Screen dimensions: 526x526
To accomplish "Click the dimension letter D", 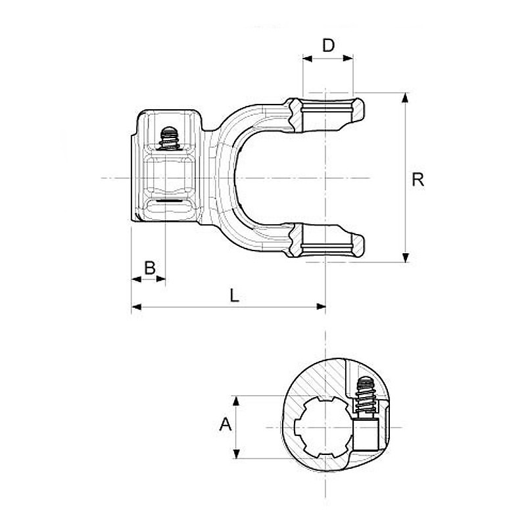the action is coord(328,45).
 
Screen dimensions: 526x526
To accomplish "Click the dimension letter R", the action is coord(418,179).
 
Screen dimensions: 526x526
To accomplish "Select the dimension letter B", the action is coord(150,268).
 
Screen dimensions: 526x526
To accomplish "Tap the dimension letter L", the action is coord(234,295).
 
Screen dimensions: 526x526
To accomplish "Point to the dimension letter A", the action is coord(226,424).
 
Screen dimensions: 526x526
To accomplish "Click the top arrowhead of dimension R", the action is coord(406,98).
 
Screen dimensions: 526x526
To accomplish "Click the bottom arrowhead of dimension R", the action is coord(406,257).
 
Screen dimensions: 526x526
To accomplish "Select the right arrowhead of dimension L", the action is coord(321,306).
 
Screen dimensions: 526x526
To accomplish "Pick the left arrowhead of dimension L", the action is coord(136,306).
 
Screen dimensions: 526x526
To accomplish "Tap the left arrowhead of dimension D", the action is coord(307,59).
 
